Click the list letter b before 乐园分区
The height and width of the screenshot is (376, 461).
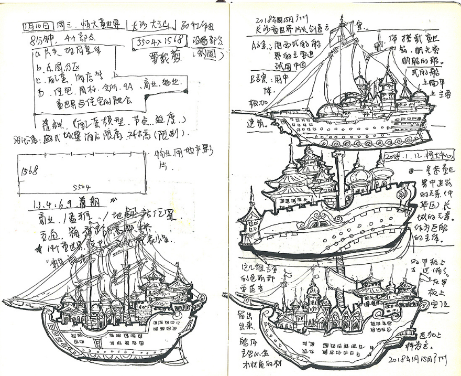coord(38,62)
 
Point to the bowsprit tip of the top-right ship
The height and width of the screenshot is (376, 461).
coord(234,112)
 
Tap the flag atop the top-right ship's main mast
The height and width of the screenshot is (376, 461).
coord(343,21)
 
